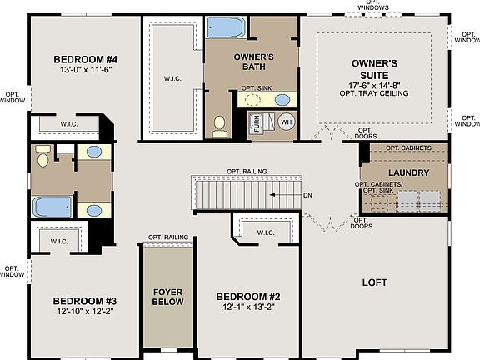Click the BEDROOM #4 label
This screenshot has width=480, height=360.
86,60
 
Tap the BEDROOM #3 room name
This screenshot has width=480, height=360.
85,301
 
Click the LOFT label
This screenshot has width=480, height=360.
375,282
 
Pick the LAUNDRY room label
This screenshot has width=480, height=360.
408,173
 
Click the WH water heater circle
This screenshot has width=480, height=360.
286,122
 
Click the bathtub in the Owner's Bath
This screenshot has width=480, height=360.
224,29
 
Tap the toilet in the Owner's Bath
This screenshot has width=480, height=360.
220,125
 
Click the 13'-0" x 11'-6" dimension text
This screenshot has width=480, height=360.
86,72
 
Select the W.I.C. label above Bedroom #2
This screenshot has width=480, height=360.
266,232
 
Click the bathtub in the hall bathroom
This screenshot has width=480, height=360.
52,205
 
